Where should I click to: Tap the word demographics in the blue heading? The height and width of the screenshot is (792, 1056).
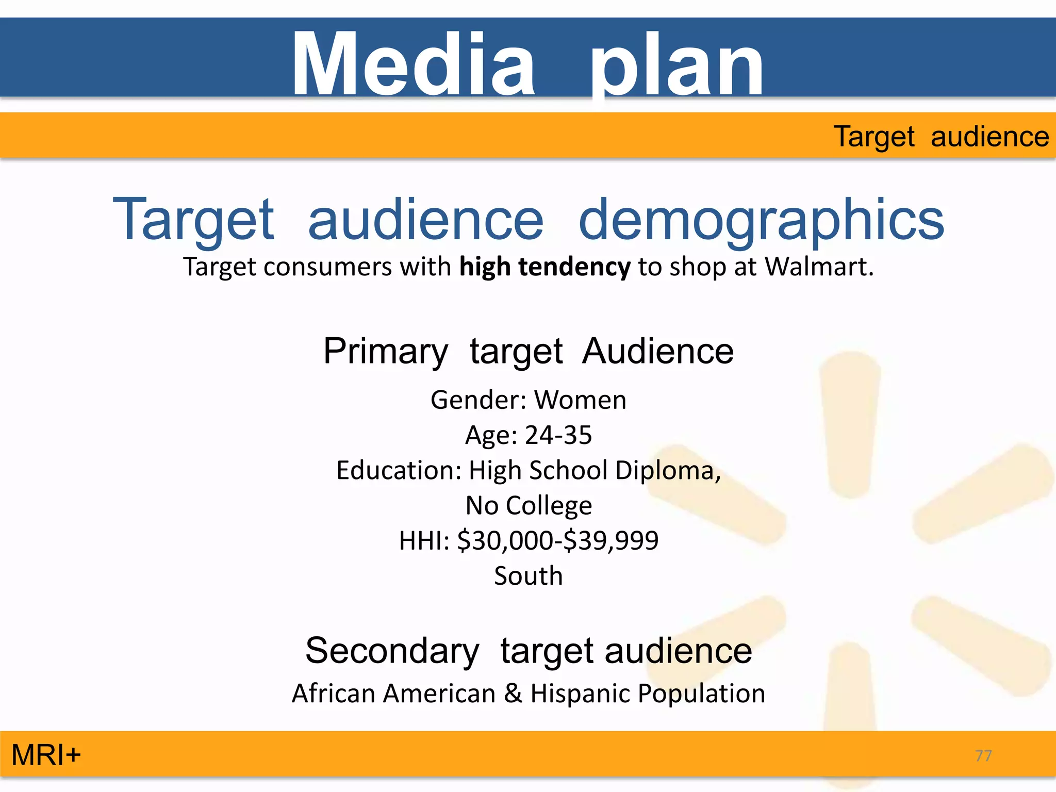click(761, 221)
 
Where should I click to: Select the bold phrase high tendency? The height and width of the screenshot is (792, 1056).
click(544, 267)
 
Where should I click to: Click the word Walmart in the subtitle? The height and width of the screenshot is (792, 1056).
click(818, 267)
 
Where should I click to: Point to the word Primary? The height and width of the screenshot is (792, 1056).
click(386, 352)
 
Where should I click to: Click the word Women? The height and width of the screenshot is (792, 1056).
click(580, 400)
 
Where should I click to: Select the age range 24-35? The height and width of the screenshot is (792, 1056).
click(558, 435)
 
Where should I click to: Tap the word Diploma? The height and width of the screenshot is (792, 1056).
click(668, 470)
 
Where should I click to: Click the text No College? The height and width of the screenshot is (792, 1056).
click(529, 505)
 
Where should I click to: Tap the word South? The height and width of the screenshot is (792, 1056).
click(529, 576)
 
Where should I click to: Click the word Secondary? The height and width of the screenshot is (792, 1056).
click(392, 651)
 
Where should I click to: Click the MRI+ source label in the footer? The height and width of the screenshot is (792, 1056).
click(46, 755)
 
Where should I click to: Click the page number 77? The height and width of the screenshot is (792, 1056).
click(983, 756)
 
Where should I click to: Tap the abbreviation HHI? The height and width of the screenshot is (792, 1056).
click(420, 541)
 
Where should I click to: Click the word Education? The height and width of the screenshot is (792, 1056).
click(398, 470)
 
